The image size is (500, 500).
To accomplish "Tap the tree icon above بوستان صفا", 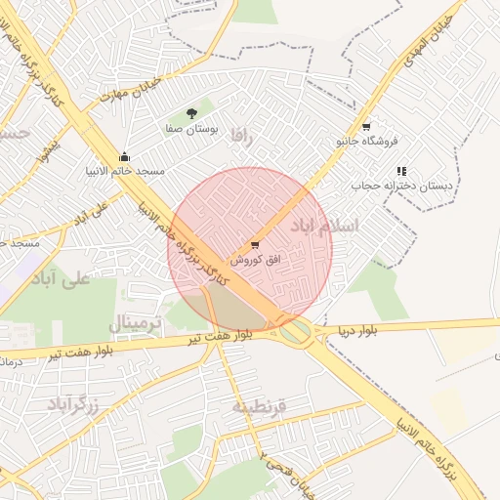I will click(191, 113).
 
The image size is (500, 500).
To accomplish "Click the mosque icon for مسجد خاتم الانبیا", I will click(124, 156).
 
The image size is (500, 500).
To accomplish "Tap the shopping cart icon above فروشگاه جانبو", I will click(366, 127).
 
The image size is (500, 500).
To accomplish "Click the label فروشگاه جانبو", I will click(367, 142).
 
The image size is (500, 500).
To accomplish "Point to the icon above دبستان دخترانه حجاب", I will click(401, 171).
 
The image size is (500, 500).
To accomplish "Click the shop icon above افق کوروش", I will click(255, 245).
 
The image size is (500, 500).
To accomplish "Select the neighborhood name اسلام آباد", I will click(324, 226).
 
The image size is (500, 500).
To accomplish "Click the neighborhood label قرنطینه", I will click(259, 405).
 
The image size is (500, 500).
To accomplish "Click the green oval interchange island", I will click(296, 333).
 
